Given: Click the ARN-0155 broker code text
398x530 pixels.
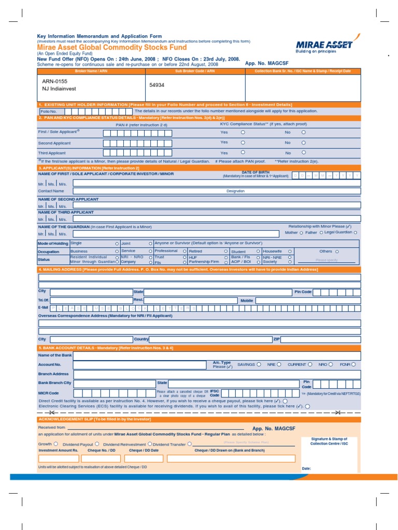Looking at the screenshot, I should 55,82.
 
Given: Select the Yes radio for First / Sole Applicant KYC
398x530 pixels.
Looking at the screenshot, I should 243,132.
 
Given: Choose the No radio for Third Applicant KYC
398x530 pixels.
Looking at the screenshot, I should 304,153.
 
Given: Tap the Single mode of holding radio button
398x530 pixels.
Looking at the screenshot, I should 117,243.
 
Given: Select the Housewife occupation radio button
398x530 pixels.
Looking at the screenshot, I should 290,251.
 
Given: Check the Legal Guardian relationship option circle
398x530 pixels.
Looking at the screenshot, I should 356,233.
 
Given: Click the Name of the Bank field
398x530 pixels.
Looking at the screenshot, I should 217,356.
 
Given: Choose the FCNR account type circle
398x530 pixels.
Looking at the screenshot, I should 353,364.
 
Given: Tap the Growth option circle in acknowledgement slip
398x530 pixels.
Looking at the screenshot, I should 56,444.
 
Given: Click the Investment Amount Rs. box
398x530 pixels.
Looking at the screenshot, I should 59,458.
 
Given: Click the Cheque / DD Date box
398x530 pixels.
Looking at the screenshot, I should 144,458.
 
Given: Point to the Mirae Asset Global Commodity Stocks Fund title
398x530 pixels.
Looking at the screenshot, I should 112,47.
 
